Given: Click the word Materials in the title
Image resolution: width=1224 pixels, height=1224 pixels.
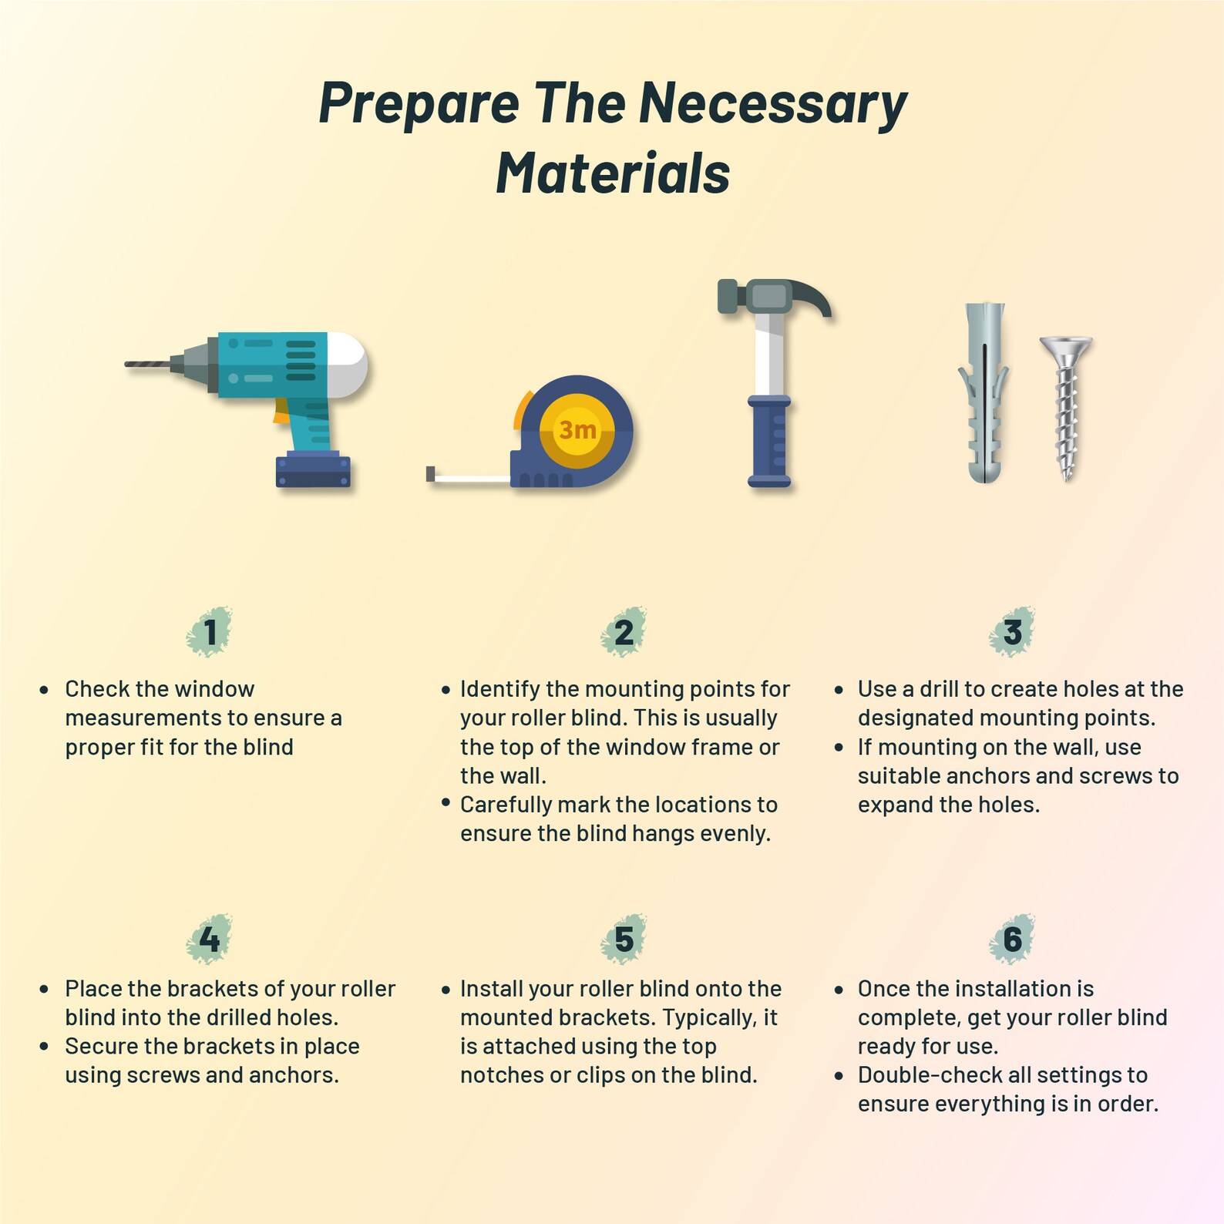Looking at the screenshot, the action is pos(613,173).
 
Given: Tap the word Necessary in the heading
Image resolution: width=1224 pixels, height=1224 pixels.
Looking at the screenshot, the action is pos(773,103).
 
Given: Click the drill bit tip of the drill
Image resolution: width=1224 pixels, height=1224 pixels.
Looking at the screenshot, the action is pos(127,364).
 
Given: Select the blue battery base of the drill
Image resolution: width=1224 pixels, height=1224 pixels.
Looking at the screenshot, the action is pos(313,471).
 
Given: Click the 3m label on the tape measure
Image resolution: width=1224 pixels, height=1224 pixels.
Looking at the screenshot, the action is pos(577,429).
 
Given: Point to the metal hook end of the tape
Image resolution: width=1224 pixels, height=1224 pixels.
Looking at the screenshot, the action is pos(430,473).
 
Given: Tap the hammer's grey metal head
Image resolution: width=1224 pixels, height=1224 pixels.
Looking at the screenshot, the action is pos(773,298).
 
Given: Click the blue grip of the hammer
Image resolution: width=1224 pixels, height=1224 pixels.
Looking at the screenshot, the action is pos(769,441).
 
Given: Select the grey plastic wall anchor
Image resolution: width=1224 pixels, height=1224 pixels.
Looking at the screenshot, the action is pos(984,392).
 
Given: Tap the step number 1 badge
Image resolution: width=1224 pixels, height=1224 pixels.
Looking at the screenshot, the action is pos(210,632).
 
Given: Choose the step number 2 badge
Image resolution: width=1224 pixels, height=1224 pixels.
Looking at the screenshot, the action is pos(624,632).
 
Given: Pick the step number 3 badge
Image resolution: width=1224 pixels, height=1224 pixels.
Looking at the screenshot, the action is pos(1012,632).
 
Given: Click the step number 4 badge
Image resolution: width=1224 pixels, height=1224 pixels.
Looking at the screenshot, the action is pos(210,939).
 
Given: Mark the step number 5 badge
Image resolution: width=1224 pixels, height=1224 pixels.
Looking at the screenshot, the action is pos(624,939).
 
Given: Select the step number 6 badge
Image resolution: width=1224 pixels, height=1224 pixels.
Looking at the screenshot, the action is pos(1012,939).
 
